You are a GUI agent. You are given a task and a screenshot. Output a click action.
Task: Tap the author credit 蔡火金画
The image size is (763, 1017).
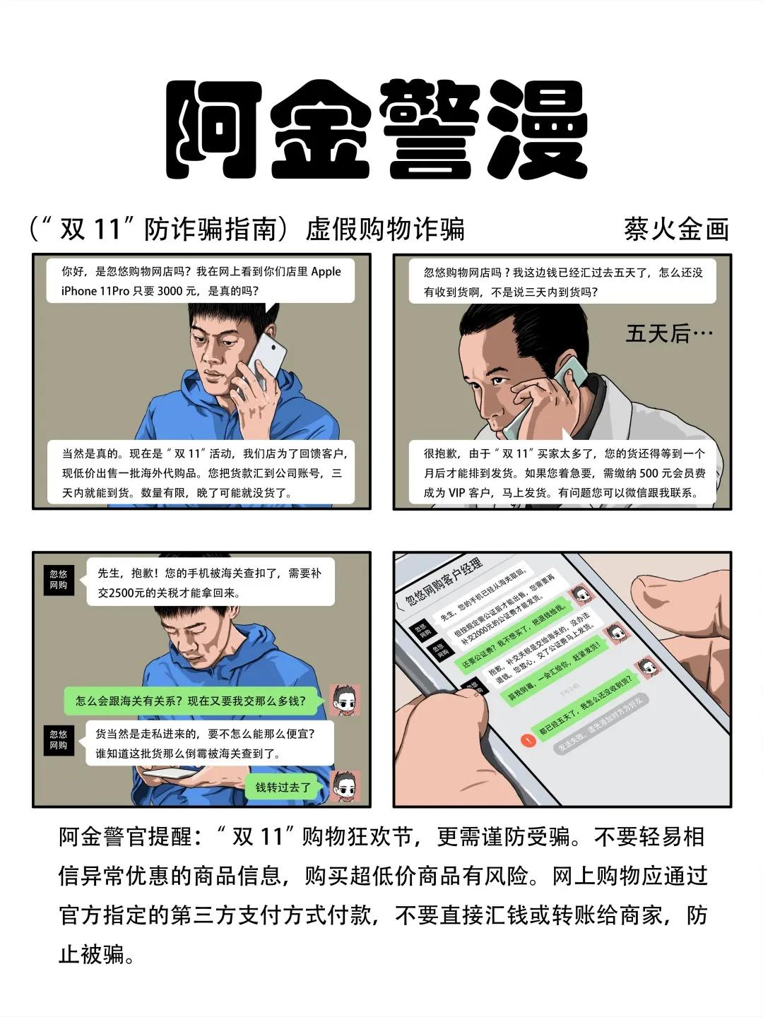pos(676,230)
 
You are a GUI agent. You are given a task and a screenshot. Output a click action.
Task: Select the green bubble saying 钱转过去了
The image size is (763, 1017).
pos(283,787)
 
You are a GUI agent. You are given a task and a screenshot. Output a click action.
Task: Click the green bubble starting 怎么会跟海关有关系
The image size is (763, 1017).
pos(191,701)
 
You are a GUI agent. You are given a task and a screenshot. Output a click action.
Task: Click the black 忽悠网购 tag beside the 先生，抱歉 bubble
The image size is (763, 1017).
pos(59,580)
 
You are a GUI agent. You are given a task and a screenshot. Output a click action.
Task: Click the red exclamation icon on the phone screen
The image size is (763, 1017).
pos(526,740)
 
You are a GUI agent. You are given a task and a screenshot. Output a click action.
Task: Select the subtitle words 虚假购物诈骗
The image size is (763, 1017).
pos(385,230)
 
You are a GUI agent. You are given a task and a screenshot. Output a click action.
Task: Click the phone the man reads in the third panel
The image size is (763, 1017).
pos(170,775)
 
